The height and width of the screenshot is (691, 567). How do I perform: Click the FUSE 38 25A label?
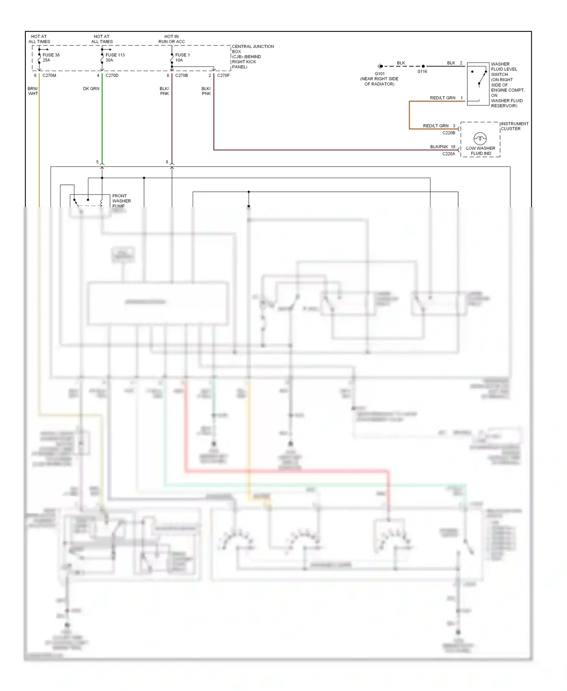(x=51, y=57)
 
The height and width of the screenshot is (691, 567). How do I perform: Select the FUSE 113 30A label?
(x=115, y=57)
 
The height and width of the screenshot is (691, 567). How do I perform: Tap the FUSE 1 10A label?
(x=182, y=57)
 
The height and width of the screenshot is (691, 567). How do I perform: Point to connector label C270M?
(x=49, y=76)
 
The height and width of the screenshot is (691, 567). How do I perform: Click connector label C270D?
(x=112, y=76)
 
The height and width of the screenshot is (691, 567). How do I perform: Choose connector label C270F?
(x=223, y=76)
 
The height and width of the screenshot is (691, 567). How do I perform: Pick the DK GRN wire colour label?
(x=91, y=89)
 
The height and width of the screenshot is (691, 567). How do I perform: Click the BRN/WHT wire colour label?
(x=33, y=91)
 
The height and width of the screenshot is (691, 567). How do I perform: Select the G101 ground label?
(x=380, y=74)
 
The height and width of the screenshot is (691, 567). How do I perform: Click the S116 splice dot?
(x=423, y=66)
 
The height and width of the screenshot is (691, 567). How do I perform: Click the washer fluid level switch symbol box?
(x=478, y=84)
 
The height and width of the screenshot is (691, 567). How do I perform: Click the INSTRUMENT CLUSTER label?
(x=514, y=126)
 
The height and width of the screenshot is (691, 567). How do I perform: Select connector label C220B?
(x=449, y=133)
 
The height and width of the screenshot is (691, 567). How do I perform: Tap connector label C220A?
(x=449, y=154)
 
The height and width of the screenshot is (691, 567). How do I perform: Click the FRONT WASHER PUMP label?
(x=121, y=201)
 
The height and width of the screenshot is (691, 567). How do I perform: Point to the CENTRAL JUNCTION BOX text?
(x=253, y=56)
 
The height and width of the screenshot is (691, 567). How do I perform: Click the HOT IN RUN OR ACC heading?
(x=172, y=39)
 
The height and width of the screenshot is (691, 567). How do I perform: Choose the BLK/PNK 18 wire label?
(x=443, y=147)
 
